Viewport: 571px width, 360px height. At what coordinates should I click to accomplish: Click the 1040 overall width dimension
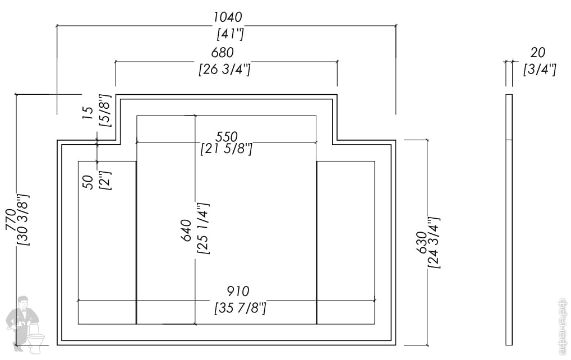[x=227, y=17]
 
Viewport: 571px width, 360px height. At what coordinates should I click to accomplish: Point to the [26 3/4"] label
[x=224, y=70]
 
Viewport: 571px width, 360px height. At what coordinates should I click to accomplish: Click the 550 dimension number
[x=227, y=136]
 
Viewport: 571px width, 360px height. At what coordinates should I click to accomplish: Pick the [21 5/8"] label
[x=227, y=149]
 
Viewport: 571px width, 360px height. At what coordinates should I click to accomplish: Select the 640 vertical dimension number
[x=187, y=230]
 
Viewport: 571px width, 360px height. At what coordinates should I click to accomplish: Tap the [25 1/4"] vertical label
[x=202, y=229]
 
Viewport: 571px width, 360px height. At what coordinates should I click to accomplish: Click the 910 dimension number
[x=238, y=292]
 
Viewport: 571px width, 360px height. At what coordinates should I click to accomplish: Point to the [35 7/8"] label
[x=240, y=308]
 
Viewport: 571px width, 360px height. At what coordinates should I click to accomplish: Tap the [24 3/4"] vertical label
[x=434, y=242]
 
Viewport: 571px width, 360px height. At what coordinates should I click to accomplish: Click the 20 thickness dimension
[x=537, y=53]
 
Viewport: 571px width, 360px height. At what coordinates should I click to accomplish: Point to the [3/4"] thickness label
[x=539, y=70]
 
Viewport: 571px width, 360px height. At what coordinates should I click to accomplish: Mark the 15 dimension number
[x=88, y=112]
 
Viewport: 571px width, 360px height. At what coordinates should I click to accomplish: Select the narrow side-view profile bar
[x=509, y=219]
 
